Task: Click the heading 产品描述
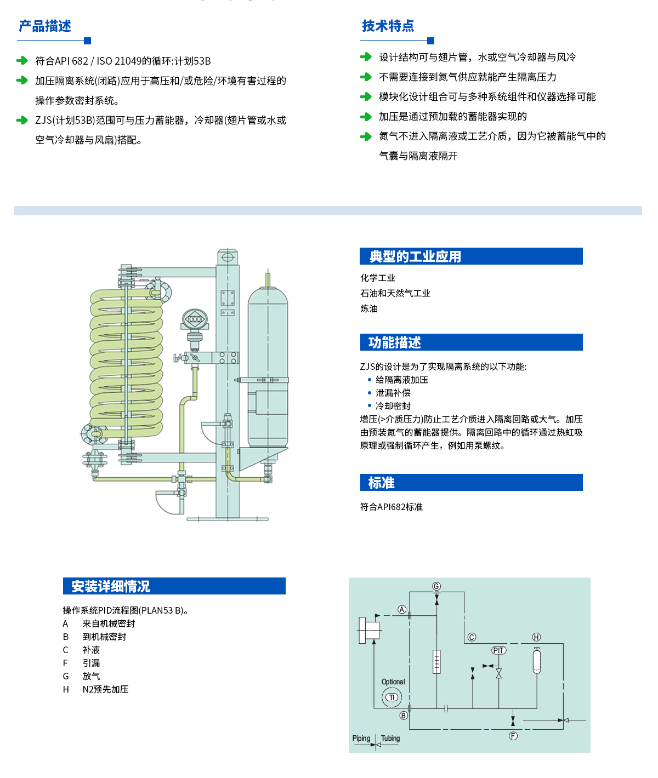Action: pyautogui.click(x=45, y=26)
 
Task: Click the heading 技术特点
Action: pyautogui.click(x=388, y=26)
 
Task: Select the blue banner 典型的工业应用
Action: pyautogui.click(x=415, y=256)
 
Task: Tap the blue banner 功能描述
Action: pyautogui.click(x=394, y=342)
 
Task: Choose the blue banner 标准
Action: pyautogui.click(x=382, y=483)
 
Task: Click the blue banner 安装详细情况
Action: pyautogui.click(x=111, y=586)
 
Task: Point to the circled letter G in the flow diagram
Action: pyautogui.click(x=436, y=587)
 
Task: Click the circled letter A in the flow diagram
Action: pyautogui.click(x=402, y=610)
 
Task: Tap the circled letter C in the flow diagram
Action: pyautogui.click(x=472, y=637)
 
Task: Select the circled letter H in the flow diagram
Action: pyautogui.click(x=536, y=637)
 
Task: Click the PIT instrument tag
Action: pyautogui.click(x=498, y=650)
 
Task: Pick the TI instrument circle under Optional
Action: pyautogui.click(x=392, y=697)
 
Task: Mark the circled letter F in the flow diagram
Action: pyautogui.click(x=513, y=736)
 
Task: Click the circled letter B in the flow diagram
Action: pyautogui.click(x=404, y=716)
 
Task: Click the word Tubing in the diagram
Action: pyautogui.click(x=390, y=739)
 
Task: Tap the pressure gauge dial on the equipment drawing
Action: pyautogui.click(x=194, y=319)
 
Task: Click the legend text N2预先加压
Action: pyautogui.click(x=105, y=689)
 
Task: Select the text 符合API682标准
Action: pyautogui.click(x=392, y=507)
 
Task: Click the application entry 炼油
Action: pyautogui.click(x=369, y=309)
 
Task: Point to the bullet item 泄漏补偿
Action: pyautogui.click(x=393, y=393)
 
